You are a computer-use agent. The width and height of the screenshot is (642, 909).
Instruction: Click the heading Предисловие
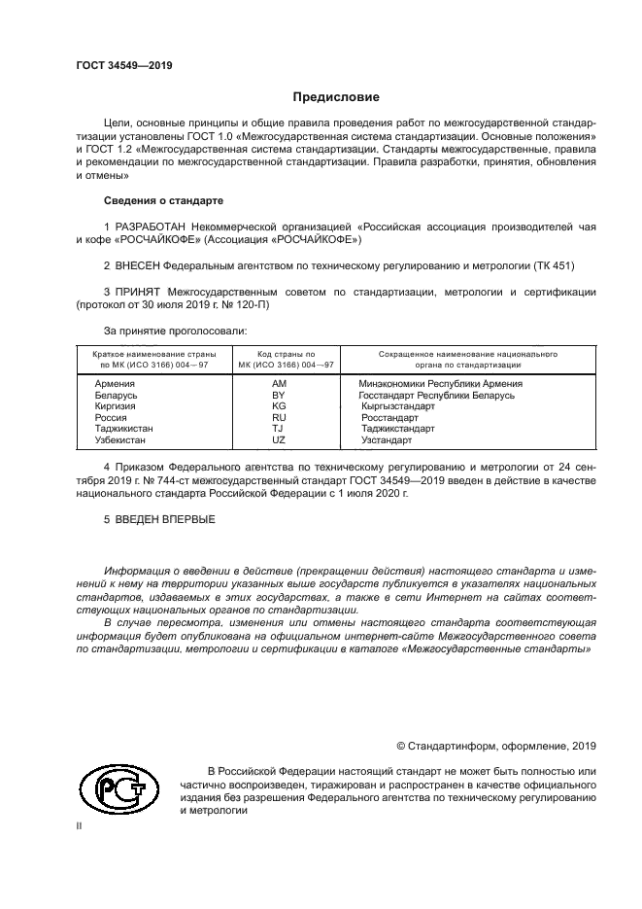336,97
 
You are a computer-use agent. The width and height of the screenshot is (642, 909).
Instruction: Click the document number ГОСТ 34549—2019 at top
124,65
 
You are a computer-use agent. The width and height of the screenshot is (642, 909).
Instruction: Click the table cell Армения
114,384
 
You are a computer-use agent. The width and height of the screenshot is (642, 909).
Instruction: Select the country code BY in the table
278,396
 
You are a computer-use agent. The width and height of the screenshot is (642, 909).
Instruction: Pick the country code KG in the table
278,406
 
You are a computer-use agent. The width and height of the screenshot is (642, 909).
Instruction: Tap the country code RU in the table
278,417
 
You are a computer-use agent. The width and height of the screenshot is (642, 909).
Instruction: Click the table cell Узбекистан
120,439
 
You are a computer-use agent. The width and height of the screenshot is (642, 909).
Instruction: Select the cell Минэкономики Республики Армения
441,384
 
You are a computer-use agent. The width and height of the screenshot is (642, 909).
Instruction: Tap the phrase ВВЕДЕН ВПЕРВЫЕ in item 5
165,519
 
